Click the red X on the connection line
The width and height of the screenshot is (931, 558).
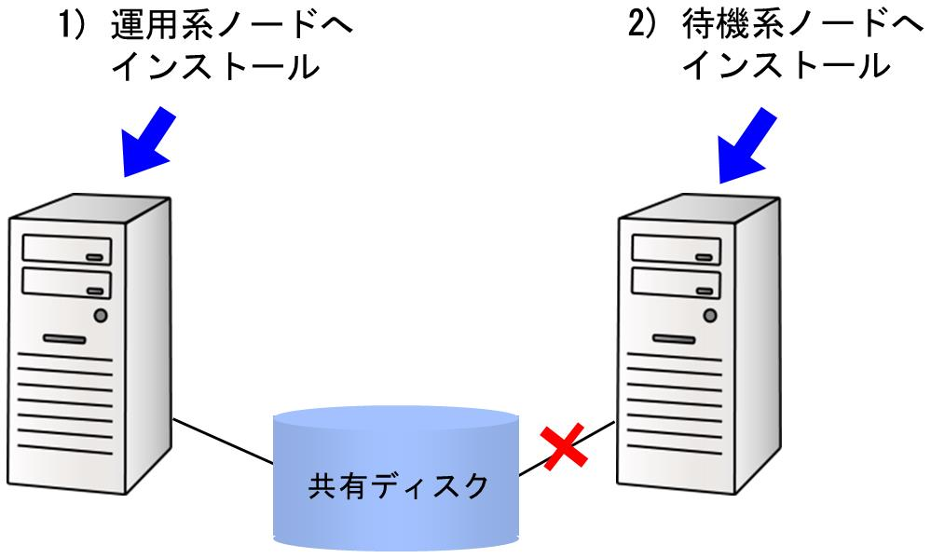(x=564, y=446)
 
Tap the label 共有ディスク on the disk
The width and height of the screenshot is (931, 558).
(x=398, y=486)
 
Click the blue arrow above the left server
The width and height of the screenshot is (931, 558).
(x=148, y=142)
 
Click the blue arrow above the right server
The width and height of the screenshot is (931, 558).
(x=746, y=145)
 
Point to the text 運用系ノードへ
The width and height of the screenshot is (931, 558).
(x=232, y=25)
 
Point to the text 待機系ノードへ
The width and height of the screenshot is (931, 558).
(x=802, y=25)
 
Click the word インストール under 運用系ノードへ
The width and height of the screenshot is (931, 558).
(x=215, y=66)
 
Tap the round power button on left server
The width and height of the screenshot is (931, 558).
(x=101, y=315)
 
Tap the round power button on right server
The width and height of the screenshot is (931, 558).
(x=710, y=315)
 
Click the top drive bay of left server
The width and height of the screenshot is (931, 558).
(x=66, y=250)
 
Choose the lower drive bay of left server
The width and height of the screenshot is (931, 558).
(x=66, y=282)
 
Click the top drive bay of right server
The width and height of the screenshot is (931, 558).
(x=677, y=250)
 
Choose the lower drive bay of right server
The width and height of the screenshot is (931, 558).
(x=677, y=282)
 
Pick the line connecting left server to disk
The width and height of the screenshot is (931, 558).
(x=223, y=441)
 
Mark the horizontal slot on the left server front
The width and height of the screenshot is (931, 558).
(x=64, y=339)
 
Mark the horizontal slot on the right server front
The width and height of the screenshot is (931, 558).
(x=674, y=339)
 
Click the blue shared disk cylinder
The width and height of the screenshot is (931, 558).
(x=396, y=480)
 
